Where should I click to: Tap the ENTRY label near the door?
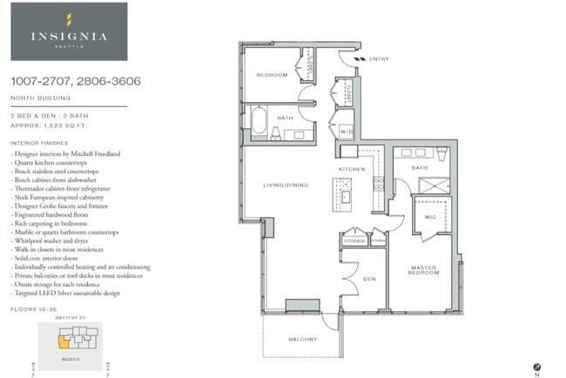[379, 59]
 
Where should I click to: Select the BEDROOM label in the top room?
[271, 76]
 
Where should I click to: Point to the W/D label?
[346, 132]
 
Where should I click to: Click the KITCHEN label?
[352, 168]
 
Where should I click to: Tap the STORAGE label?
[354, 240]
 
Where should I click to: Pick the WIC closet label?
[429, 215]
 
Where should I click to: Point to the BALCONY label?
[302, 340]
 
